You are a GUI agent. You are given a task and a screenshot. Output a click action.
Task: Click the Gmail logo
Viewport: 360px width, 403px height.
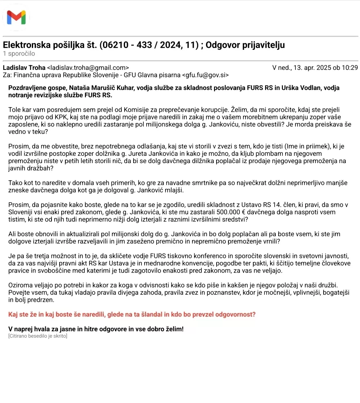point(16,17)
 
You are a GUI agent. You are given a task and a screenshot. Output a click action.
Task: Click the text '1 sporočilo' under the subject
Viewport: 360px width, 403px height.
point(19,54)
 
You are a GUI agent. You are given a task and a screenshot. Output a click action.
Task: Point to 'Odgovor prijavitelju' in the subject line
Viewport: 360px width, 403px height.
point(245,45)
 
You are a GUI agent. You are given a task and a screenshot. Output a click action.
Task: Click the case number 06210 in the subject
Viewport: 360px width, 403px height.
point(112,45)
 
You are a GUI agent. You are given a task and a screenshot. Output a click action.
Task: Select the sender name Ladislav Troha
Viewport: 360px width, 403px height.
point(24,68)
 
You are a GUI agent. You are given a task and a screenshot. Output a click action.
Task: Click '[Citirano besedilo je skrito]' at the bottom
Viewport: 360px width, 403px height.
point(38,336)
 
